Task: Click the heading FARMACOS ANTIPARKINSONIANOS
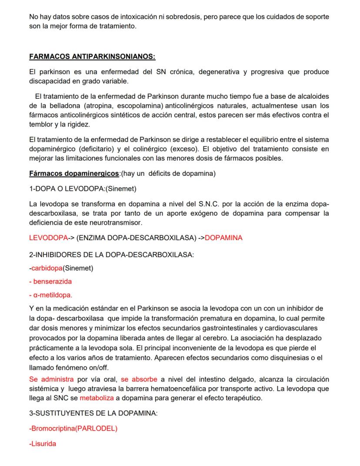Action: [92, 57]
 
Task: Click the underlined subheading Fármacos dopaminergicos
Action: [74, 174]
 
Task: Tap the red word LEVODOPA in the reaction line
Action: [48, 238]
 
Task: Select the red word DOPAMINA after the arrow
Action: [223, 238]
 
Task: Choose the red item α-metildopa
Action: [51, 295]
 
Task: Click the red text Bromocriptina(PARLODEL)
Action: [73, 429]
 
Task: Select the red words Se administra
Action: [51, 379]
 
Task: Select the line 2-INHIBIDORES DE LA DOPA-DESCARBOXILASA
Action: [111, 255]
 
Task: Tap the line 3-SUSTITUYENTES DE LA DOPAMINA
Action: [93, 413]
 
